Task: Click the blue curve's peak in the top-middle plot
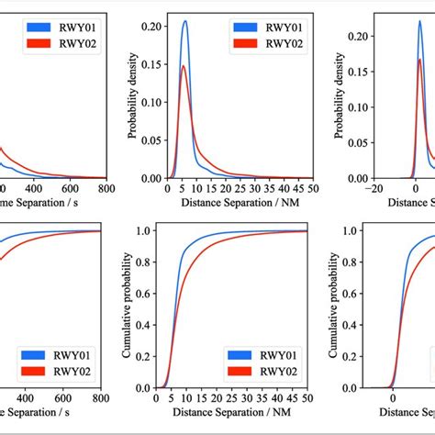[184, 22]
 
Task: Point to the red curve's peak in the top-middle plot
[184, 66]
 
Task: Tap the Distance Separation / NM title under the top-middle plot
[239, 203]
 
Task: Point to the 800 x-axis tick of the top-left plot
[106, 189]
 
